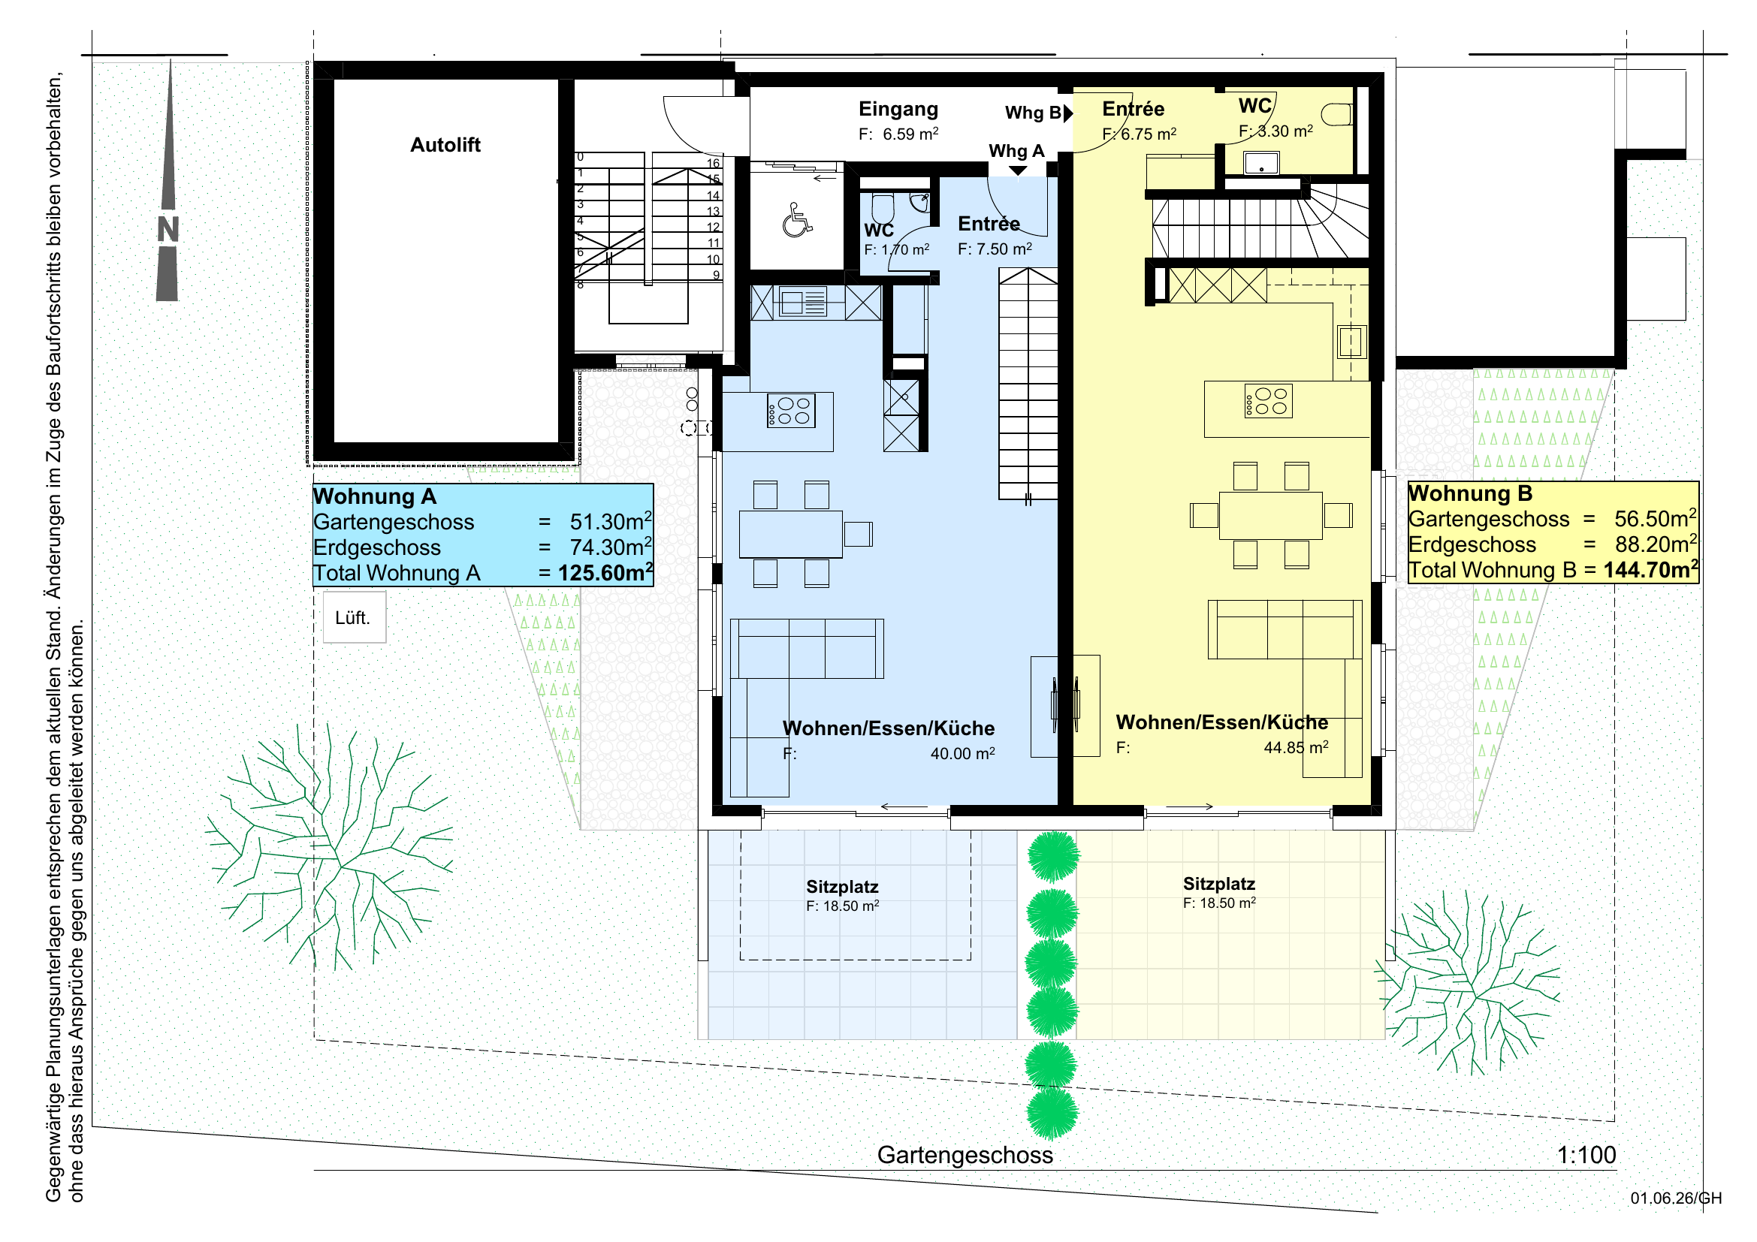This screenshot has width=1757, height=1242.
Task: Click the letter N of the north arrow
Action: (168, 230)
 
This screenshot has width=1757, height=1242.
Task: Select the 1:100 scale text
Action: (1586, 1155)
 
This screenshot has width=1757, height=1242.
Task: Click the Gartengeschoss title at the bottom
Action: (965, 1155)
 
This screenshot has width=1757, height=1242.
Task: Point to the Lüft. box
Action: (354, 617)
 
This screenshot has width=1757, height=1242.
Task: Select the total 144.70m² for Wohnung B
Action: (1650, 569)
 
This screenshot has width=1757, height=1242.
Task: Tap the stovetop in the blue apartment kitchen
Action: (791, 411)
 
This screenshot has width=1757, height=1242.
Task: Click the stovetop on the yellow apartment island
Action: (1269, 401)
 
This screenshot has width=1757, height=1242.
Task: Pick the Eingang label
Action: (898, 110)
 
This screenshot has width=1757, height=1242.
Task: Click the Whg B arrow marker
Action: (1068, 113)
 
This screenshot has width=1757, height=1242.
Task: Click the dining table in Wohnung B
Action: (1270, 515)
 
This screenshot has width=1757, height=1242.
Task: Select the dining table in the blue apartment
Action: (790, 534)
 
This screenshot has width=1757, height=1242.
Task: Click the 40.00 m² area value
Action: (963, 753)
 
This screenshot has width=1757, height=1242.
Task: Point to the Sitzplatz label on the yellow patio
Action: (1219, 884)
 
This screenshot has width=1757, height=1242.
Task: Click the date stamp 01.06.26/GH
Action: (1676, 1198)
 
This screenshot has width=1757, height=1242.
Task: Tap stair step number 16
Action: (713, 164)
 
